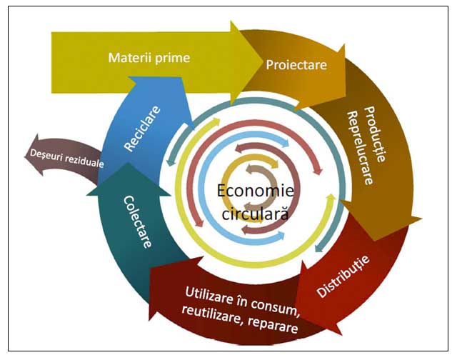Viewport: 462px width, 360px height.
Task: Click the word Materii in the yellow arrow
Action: (130, 57)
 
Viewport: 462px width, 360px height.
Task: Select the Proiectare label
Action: (296, 65)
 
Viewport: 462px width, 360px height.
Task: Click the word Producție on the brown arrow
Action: (375, 134)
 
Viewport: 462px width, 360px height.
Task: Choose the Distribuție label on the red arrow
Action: (343, 276)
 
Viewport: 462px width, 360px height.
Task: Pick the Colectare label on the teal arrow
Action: (138, 221)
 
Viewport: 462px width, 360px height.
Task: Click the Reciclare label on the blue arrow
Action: (142, 129)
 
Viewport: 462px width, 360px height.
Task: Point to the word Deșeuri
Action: (46, 155)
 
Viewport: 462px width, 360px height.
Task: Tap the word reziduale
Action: (84, 161)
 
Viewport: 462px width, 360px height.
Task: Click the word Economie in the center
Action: (256, 190)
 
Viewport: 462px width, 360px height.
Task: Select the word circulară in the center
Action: (255, 213)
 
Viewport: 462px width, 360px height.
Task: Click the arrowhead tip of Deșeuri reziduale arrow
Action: (24, 156)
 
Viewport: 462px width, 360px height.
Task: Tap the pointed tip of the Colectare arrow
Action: (128, 163)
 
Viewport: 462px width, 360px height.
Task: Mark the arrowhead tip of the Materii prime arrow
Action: (263, 63)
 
